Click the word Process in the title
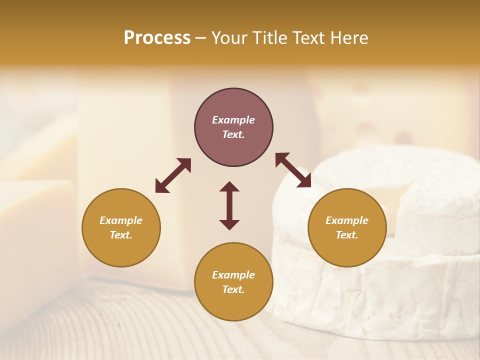click(157, 38)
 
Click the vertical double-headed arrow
click(229, 205)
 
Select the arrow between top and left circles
click(173, 175)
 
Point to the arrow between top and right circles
click(293, 170)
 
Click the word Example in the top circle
click(233, 120)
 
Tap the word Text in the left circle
click(121, 235)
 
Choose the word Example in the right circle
click(347, 220)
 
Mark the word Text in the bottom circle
click(233, 289)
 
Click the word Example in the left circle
click(121, 220)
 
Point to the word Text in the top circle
click(233, 134)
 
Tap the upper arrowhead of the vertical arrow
click(229, 187)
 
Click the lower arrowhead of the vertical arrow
click(229, 224)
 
